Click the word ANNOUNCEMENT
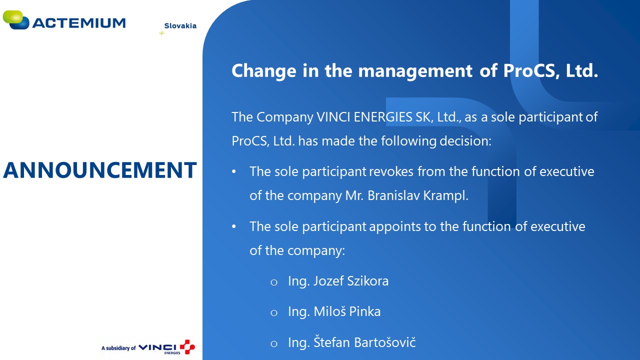(x=99, y=170)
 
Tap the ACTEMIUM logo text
(x=79, y=23)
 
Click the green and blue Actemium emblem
(x=16, y=19)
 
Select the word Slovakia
(x=180, y=25)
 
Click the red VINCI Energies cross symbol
(x=187, y=346)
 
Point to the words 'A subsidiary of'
(x=118, y=348)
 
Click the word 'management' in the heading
(x=415, y=71)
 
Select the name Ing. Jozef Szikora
(x=338, y=281)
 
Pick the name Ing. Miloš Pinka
(x=334, y=311)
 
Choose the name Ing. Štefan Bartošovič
(x=351, y=342)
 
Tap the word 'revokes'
(x=391, y=171)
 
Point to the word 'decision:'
(x=465, y=141)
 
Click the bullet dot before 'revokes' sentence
(x=234, y=171)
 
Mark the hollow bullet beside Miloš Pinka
(x=274, y=313)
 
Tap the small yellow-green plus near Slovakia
(x=161, y=33)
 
